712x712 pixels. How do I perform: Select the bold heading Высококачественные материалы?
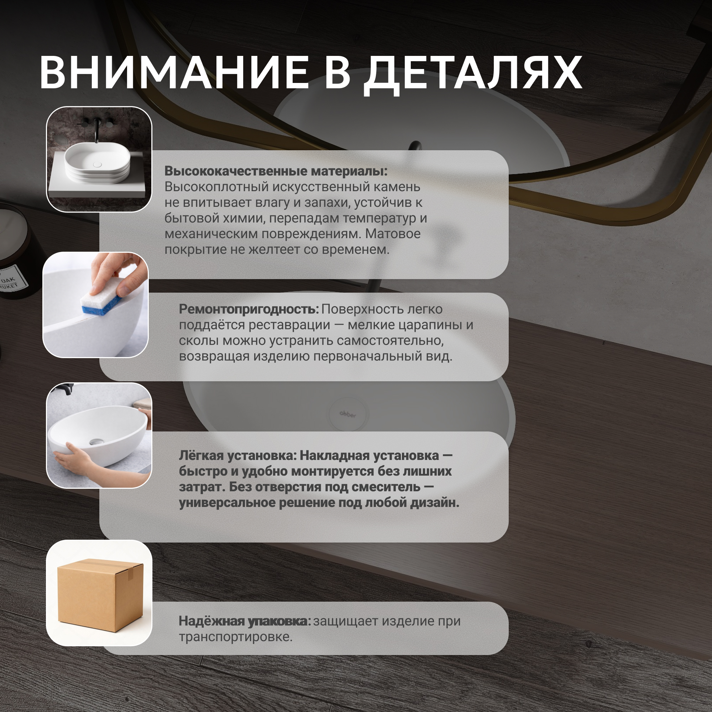tap(276, 171)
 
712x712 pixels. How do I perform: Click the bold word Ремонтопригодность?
tap(249, 309)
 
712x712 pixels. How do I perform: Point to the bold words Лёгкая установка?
tap(238, 456)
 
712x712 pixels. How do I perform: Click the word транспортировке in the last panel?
tap(235, 637)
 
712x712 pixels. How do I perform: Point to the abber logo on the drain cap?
tap(347, 414)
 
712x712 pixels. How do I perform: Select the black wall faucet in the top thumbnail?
tap(97, 129)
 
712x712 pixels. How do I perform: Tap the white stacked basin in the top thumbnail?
tap(97, 163)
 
